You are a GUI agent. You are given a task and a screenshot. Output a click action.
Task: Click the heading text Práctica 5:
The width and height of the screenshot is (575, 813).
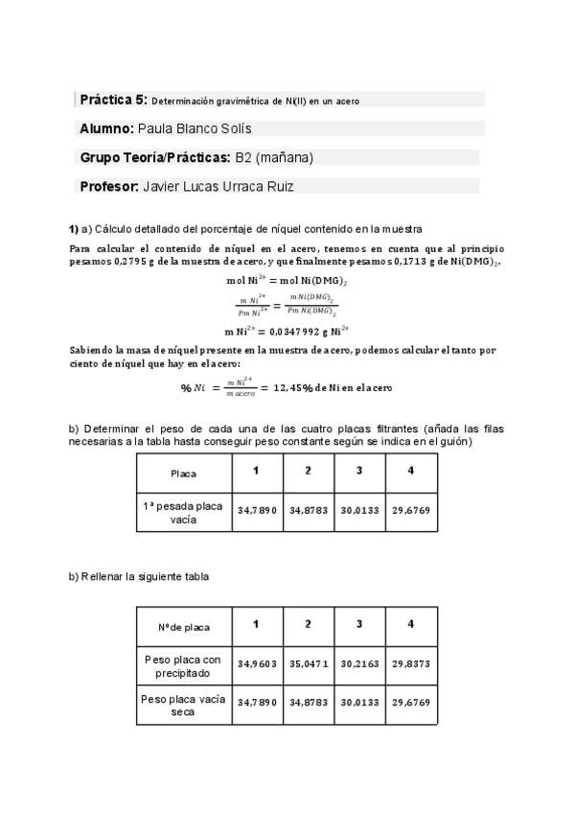pyautogui.click(x=113, y=99)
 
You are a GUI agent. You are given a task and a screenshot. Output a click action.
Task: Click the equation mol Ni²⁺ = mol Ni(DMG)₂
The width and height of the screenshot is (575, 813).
pyautogui.click(x=286, y=280)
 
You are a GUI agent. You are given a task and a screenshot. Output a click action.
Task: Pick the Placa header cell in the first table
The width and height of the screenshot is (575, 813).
pyautogui.click(x=184, y=474)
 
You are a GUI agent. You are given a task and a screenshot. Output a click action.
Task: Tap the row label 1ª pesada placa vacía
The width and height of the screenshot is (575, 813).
pyautogui.click(x=184, y=512)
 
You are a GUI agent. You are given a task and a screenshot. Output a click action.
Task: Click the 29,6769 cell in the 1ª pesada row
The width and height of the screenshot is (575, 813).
pyautogui.click(x=411, y=512)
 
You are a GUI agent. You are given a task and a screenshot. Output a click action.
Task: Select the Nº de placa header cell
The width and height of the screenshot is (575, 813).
pyautogui.click(x=184, y=627)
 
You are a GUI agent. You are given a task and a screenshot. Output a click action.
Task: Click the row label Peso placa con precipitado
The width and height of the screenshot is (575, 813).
pyautogui.click(x=184, y=665)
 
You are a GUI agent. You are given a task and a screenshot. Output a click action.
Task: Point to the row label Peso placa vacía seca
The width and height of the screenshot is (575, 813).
pyautogui.click(x=184, y=705)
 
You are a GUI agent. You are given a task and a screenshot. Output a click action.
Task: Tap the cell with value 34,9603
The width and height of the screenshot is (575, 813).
pyautogui.click(x=257, y=663)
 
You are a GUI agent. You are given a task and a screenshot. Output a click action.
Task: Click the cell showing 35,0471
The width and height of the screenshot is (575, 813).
pyautogui.click(x=309, y=663)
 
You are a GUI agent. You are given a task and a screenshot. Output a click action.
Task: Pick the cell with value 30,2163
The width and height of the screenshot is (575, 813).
pyautogui.click(x=359, y=663)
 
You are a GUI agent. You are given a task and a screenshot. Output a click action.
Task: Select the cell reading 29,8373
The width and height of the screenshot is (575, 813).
pyautogui.click(x=411, y=663)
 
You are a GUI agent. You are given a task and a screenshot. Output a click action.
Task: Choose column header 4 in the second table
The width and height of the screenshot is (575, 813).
pyautogui.click(x=411, y=625)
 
